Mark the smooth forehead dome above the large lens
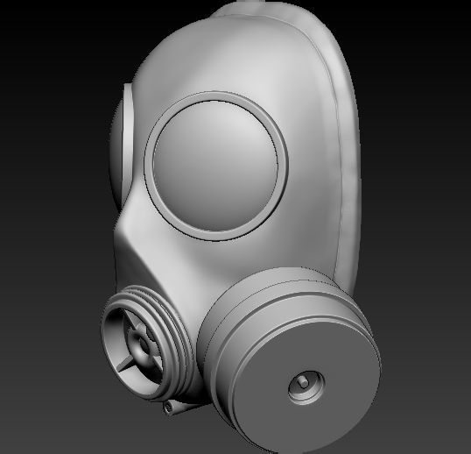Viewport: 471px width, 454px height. point(210,61)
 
